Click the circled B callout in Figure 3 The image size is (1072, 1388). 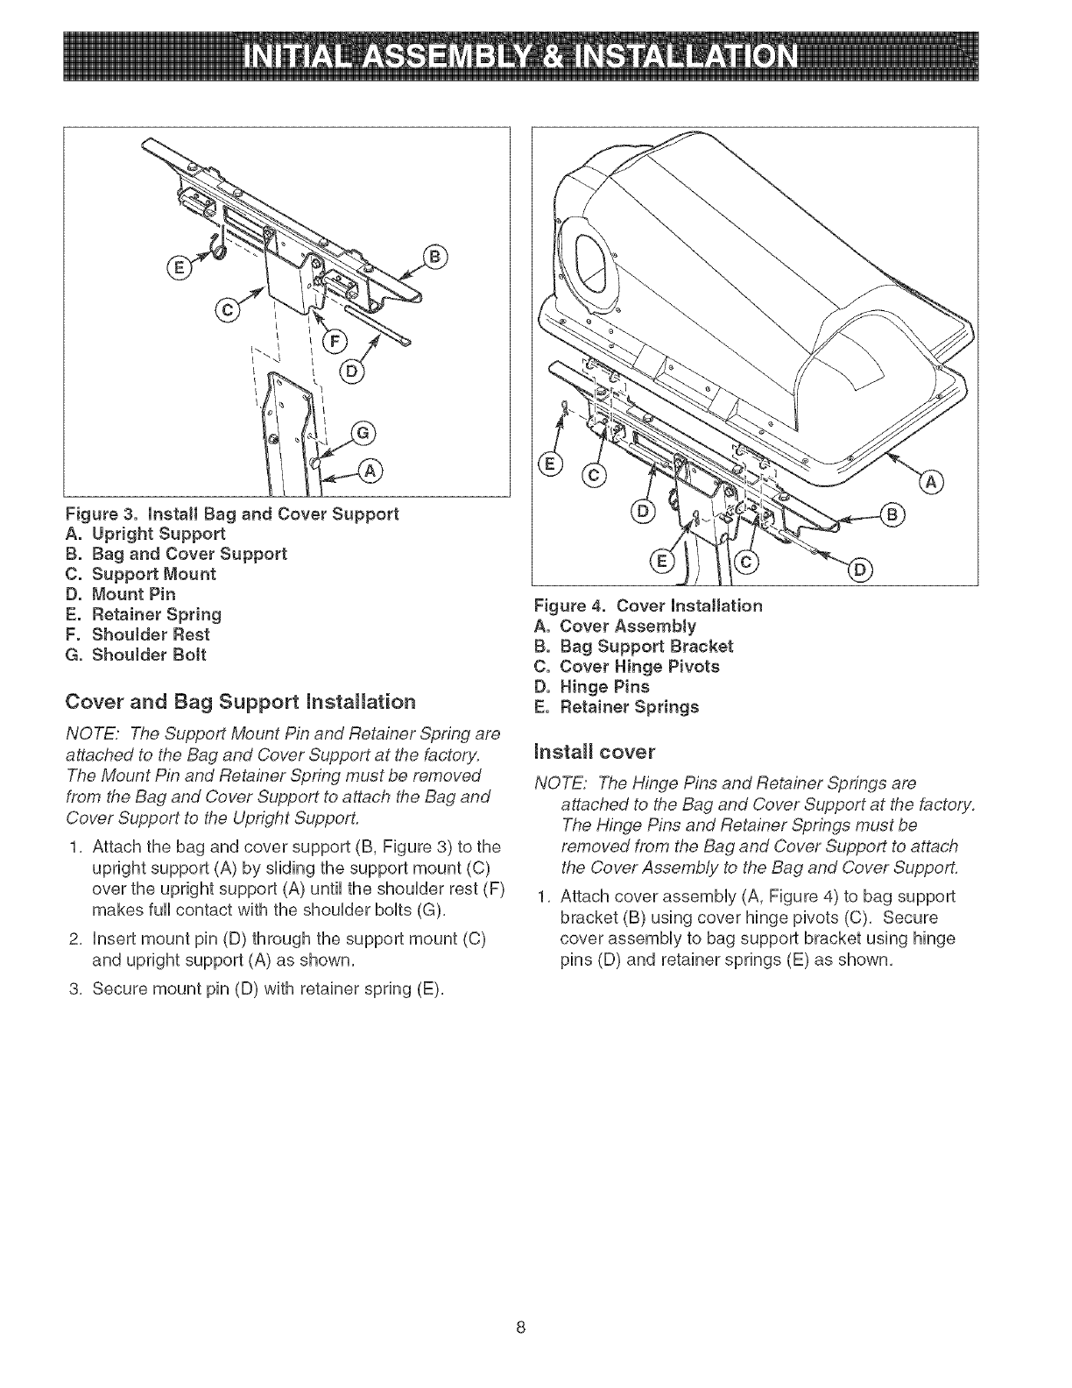click(x=435, y=257)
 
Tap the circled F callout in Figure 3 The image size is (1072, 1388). click(x=335, y=342)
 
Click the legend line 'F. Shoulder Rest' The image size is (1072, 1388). click(x=138, y=634)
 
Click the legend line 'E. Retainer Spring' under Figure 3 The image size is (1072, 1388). click(x=145, y=614)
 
